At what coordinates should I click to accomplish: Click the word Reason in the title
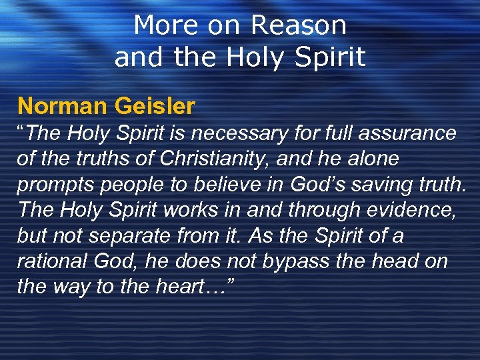(x=299, y=26)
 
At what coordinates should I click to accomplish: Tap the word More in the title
(x=166, y=26)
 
